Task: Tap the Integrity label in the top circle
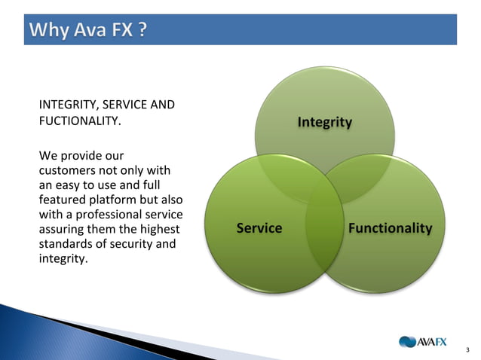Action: (x=324, y=122)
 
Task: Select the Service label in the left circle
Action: (x=259, y=228)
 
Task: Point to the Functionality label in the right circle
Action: (x=390, y=228)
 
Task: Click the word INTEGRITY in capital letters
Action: (x=66, y=105)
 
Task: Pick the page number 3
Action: (x=468, y=349)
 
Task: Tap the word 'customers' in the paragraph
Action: (x=65, y=171)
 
